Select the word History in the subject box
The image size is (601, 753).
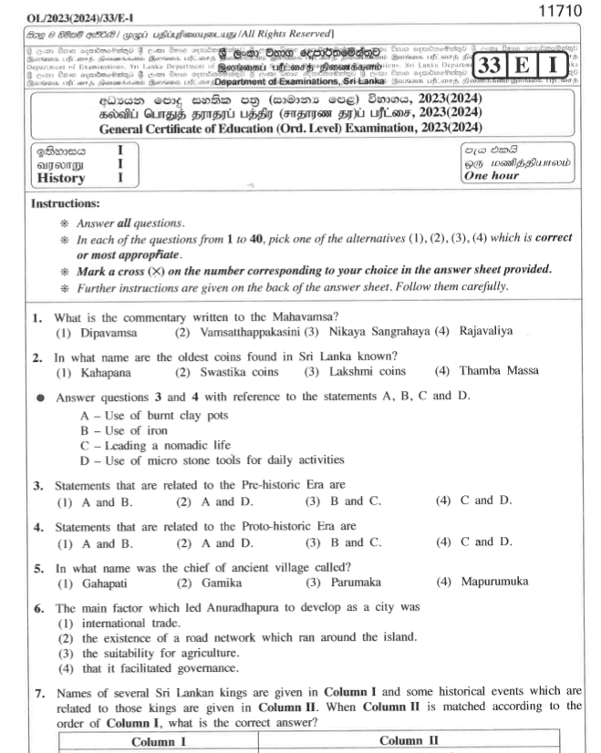pyautogui.click(x=61, y=179)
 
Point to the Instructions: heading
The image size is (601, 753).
pyautogui.click(x=67, y=204)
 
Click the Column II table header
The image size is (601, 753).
pyautogui.click(x=409, y=742)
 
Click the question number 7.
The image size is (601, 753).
pyautogui.click(x=38, y=692)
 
